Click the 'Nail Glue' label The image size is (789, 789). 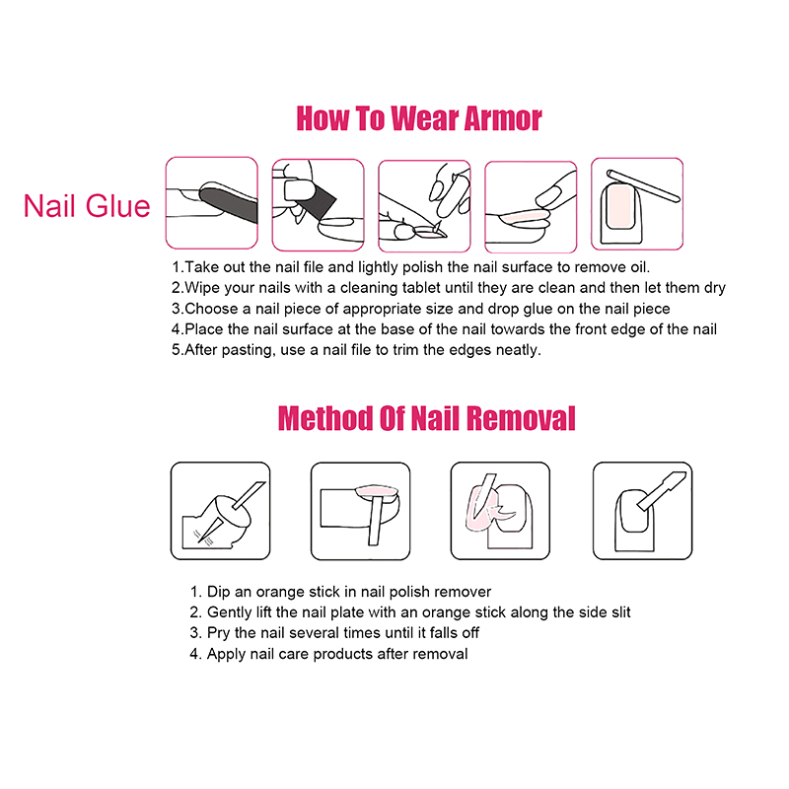point(87,206)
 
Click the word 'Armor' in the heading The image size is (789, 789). point(503,118)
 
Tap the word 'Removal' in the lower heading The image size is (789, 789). point(521,418)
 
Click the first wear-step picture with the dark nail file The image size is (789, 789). point(212,203)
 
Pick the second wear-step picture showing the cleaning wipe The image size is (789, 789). point(318,205)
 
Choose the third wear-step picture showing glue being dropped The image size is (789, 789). point(424,206)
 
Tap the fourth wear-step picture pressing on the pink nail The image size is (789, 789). point(531,207)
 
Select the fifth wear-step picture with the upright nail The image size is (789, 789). point(637,204)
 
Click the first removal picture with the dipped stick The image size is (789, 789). point(220,511)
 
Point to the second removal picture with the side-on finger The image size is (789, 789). point(360,511)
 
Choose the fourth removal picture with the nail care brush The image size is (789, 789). point(643,511)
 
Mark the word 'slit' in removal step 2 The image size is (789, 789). point(621,612)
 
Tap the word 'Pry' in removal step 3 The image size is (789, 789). point(218,633)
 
